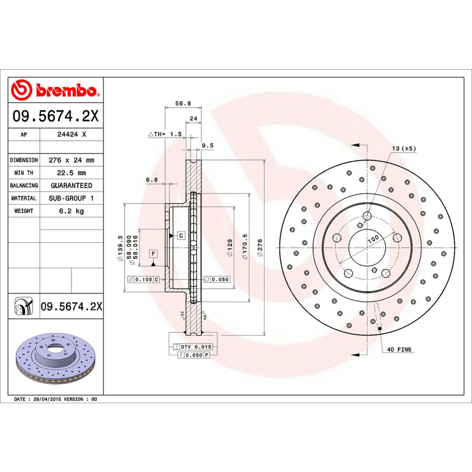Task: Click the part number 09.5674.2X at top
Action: click(x=55, y=116)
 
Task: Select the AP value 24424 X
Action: click(x=72, y=135)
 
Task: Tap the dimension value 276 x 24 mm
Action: click(x=71, y=160)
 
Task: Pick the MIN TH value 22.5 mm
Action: click(x=71, y=173)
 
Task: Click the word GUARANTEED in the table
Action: click(x=71, y=186)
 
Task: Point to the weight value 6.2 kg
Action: click(x=71, y=211)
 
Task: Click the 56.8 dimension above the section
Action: click(x=183, y=104)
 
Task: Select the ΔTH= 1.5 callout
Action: click(x=165, y=134)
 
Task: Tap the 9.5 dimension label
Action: click(x=207, y=145)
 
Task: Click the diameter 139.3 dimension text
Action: click(x=120, y=248)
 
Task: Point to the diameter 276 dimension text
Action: click(x=260, y=248)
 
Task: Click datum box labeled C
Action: click(x=181, y=235)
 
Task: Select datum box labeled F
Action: click(x=153, y=254)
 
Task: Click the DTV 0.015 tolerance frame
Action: click(x=192, y=347)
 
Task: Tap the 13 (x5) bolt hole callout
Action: click(x=404, y=148)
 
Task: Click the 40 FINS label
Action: click(x=399, y=350)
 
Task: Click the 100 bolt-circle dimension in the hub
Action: click(x=373, y=239)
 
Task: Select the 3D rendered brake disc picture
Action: click(x=55, y=358)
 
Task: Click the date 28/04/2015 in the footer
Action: click(x=47, y=399)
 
